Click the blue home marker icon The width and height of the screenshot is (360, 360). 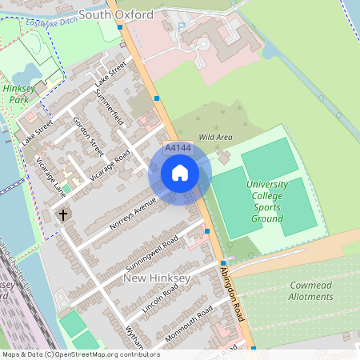[x=180, y=173]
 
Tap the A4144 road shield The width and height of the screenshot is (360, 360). [x=178, y=149]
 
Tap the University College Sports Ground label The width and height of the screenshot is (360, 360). [x=266, y=202]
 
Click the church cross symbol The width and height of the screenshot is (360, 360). [x=62, y=214]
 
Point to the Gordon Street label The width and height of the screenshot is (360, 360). [x=88, y=137]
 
